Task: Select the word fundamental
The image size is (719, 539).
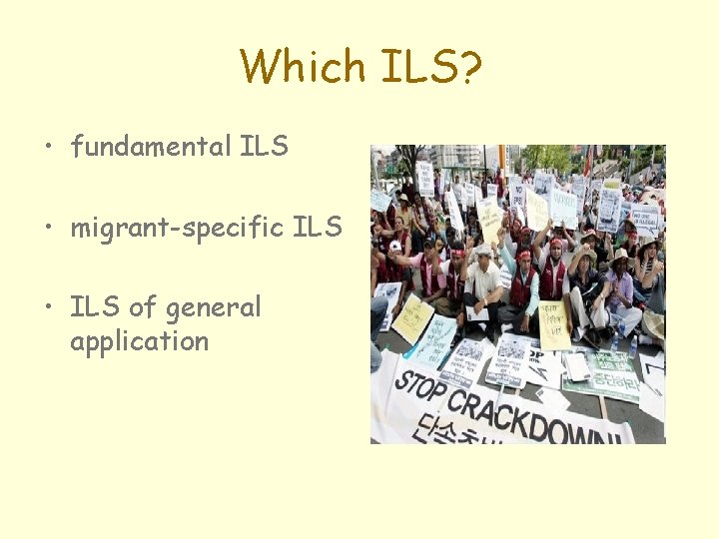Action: (x=150, y=147)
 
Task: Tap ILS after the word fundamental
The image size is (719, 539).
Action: (x=264, y=147)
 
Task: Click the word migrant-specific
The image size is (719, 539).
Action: (x=177, y=228)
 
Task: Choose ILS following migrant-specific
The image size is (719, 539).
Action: (x=318, y=228)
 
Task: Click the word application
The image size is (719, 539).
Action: (x=139, y=342)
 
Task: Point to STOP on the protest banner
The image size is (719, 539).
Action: (x=417, y=382)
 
